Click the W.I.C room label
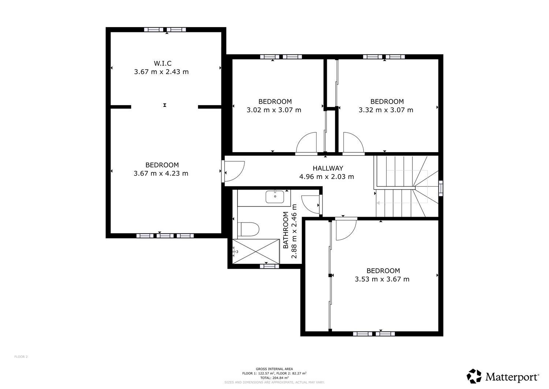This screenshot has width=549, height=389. click(161, 63)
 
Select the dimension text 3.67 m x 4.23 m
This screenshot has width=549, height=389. click(161, 173)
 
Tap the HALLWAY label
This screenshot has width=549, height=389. click(328, 168)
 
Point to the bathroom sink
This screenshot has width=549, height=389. click(274, 197)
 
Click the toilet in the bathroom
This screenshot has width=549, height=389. click(250, 229)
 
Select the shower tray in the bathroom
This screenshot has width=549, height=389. click(256, 251)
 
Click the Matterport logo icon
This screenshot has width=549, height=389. click(474, 376)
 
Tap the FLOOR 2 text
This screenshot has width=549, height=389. click(21, 356)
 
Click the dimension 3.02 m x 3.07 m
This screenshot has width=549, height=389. click(274, 110)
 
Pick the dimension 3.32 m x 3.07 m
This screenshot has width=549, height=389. click(386, 110)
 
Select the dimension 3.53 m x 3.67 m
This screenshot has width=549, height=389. click(382, 279)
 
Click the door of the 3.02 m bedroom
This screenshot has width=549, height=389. click(307, 143)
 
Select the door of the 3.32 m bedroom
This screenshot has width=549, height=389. click(353, 143)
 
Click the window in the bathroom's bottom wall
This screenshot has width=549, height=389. click(269, 267)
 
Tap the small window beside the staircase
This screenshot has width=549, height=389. click(441, 188)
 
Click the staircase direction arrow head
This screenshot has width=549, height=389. click(378, 203)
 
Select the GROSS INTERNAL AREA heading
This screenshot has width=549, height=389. click(274, 369)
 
